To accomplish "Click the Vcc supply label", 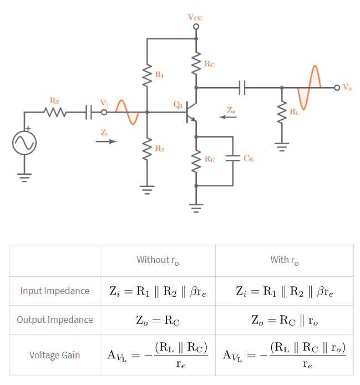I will tap(195, 17).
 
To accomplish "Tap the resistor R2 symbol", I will tap(147, 148).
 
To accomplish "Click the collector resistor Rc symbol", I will tap(196, 64).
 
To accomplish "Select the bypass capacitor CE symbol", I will tap(233, 158).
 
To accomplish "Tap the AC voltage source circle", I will tap(24, 143).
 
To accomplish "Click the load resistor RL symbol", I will tap(282, 114).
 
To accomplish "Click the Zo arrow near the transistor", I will tap(227, 117).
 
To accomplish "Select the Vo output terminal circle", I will tap(337, 87).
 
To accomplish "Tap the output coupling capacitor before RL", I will tap(242, 87).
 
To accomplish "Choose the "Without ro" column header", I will tap(158, 260).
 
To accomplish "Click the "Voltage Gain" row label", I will tap(54, 354).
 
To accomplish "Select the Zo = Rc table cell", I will tap(158, 320).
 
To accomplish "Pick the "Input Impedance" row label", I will tap(54, 291).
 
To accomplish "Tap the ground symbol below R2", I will tap(147, 189).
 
